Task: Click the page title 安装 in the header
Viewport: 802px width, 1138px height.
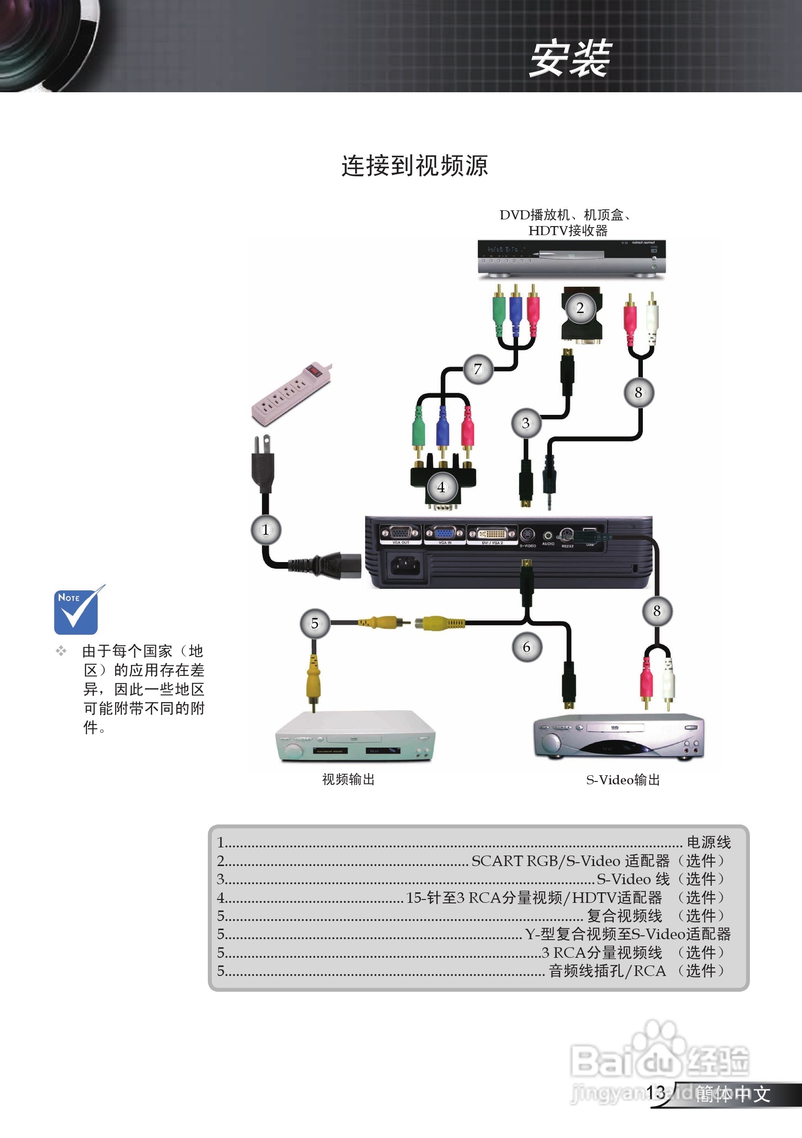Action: click(x=570, y=58)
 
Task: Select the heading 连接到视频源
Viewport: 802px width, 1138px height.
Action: click(x=415, y=165)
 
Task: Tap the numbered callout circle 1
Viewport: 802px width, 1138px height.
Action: click(x=266, y=530)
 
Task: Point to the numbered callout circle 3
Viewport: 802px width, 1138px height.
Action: click(x=526, y=423)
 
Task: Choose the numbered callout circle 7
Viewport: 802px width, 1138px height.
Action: click(x=478, y=369)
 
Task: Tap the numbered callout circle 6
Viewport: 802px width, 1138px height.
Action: click(x=526, y=647)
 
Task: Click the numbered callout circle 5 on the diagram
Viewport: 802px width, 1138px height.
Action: click(x=315, y=623)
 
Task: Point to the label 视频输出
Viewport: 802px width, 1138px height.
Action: click(x=348, y=780)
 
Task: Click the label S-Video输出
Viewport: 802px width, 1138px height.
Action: click(x=623, y=780)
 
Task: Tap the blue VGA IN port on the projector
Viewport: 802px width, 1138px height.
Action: click(x=444, y=533)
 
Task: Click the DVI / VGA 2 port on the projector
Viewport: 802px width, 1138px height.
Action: click(x=492, y=534)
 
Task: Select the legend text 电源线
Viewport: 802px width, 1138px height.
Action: click(x=708, y=842)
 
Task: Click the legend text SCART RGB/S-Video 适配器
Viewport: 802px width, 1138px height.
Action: click(x=570, y=861)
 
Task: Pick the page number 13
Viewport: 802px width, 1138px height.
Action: click(x=656, y=1092)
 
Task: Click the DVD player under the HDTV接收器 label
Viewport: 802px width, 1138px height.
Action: click(x=571, y=258)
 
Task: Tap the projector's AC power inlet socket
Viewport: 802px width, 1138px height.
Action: click(x=406, y=565)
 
